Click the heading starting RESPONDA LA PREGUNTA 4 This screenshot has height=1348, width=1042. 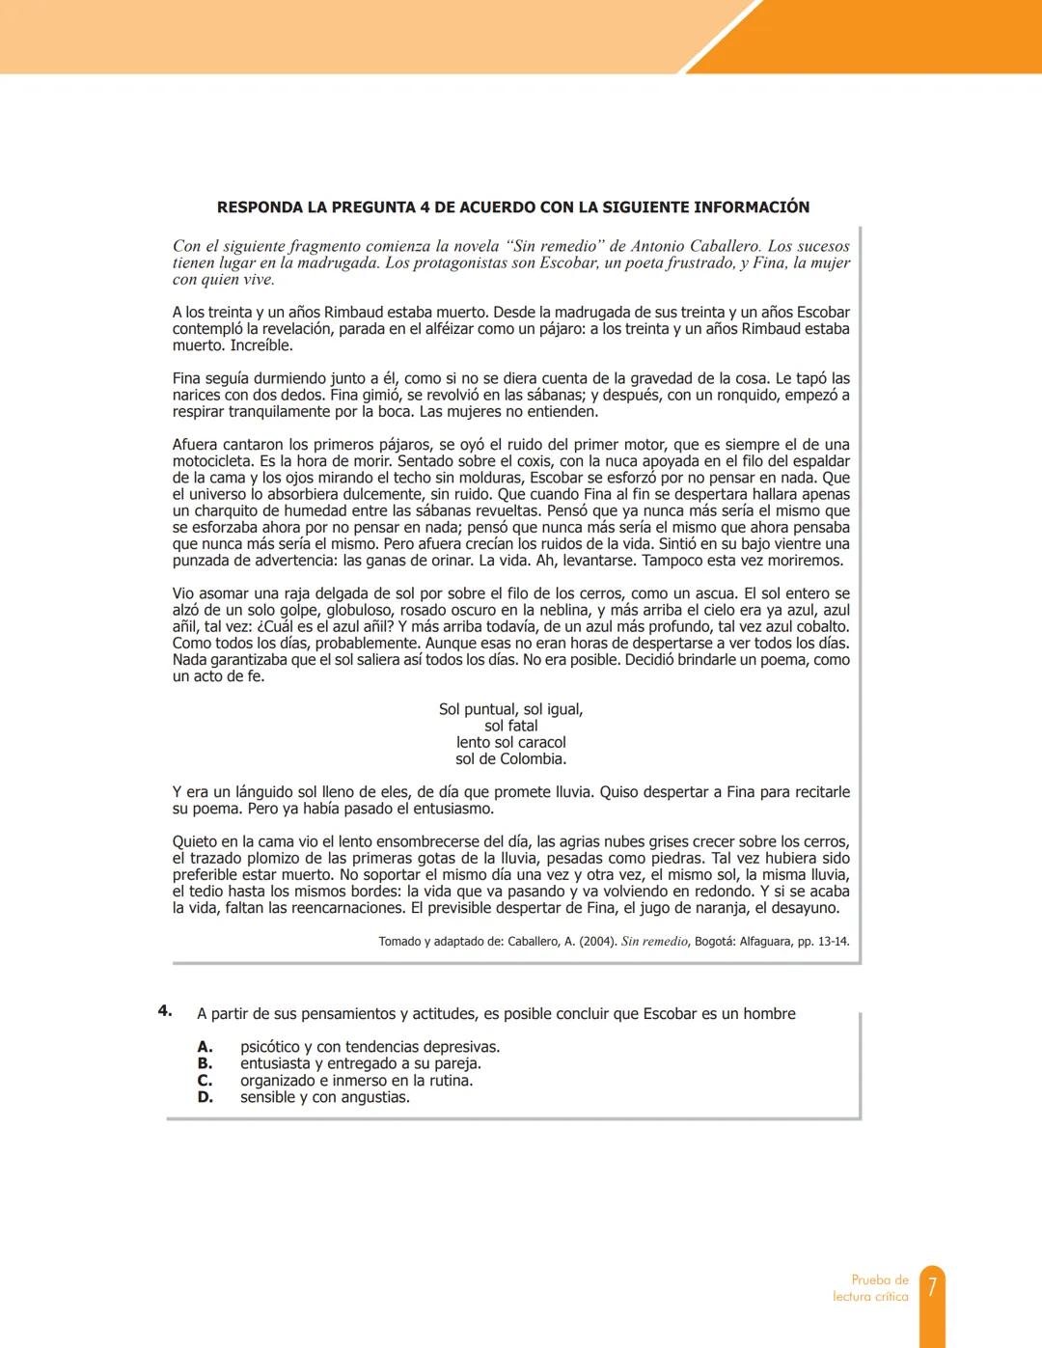[512, 207]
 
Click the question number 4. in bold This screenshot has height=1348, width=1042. [165, 1011]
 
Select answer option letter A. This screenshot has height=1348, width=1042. [205, 1047]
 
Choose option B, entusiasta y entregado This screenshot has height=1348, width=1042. [360, 1063]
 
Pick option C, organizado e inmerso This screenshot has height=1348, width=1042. [356, 1081]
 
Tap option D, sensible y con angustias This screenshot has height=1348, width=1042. [324, 1097]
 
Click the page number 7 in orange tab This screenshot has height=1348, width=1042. [932, 1287]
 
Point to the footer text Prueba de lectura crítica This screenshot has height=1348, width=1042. [870, 1288]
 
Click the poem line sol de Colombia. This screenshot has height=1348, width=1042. [510, 759]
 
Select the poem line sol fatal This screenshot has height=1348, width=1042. [510, 726]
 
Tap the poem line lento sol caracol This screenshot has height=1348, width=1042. [510, 743]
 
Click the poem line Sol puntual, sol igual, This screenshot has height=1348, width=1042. [510, 709]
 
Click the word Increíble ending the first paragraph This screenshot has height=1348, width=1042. [260, 345]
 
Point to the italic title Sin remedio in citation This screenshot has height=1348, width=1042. [654, 942]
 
